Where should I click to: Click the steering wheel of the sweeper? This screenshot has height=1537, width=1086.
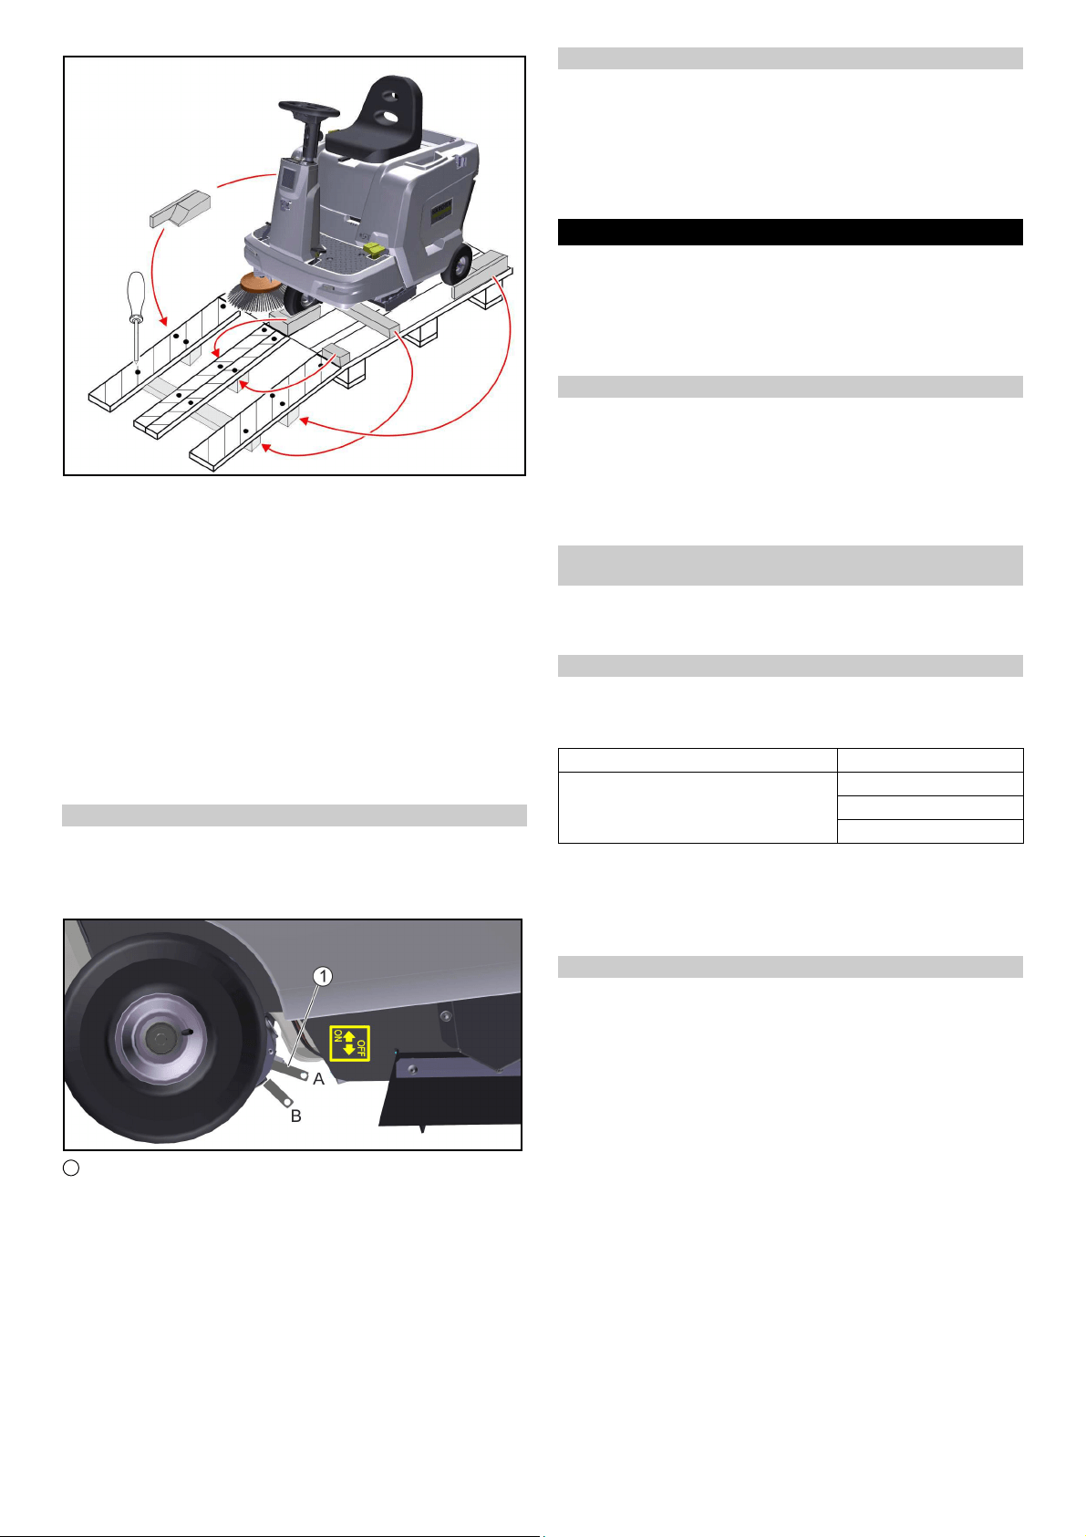click(308, 109)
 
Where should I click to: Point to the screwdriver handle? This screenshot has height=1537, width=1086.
click(136, 295)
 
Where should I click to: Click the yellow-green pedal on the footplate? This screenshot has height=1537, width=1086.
click(375, 251)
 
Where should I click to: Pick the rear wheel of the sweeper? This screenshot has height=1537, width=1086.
click(457, 264)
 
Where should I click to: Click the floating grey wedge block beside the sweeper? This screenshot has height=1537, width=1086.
click(180, 208)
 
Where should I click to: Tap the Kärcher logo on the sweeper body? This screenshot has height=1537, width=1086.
click(441, 210)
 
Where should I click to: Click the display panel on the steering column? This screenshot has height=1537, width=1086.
click(289, 182)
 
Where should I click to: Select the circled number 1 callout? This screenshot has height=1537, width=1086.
click(323, 976)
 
